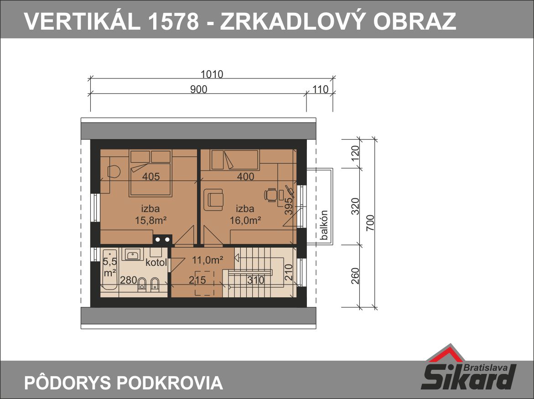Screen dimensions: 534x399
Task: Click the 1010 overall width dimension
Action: [x=212, y=74]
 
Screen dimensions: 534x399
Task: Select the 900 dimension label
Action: [x=198, y=89]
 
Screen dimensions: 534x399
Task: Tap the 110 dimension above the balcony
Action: [x=320, y=89]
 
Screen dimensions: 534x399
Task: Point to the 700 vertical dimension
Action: [x=371, y=223]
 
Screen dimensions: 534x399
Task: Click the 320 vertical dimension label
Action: [x=355, y=206]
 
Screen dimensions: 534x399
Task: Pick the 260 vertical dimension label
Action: [x=355, y=276]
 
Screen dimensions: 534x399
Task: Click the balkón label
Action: [x=324, y=225]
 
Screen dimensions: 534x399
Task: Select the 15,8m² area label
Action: [x=150, y=220]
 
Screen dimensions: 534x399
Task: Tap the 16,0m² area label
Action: [x=245, y=220]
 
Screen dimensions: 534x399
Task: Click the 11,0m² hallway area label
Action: [x=207, y=260]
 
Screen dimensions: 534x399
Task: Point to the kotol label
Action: [x=156, y=263]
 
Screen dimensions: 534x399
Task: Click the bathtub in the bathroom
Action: [x=109, y=269]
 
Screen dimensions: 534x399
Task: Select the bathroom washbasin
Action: [x=133, y=254]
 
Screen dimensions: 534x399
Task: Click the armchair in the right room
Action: [x=213, y=200]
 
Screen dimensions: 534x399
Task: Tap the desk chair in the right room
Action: [x=270, y=195]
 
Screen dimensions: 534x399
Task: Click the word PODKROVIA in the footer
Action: [x=170, y=383]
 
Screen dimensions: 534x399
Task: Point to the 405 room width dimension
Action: [x=151, y=176]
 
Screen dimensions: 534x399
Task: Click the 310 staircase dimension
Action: [x=255, y=280]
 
